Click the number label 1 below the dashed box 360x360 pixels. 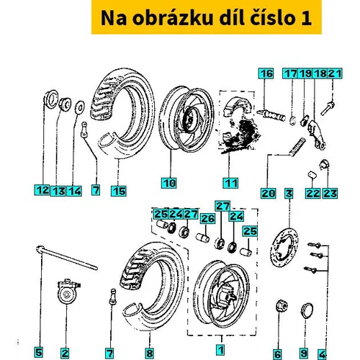pyautogui.click(x=220, y=349)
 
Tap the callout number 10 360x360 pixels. pyautogui.click(x=169, y=183)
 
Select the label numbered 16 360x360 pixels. pyautogui.click(x=266, y=73)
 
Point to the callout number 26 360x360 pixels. pyautogui.click(x=208, y=219)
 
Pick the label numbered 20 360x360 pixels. pyautogui.click(x=269, y=194)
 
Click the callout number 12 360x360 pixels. pyautogui.click(x=42, y=190)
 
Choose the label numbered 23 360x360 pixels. pyautogui.click(x=330, y=194)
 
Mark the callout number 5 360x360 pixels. pyautogui.click(x=38, y=353)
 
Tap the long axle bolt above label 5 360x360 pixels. pyautogui.click(x=67, y=258)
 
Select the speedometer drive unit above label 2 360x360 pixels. pyautogui.click(x=68, y=291)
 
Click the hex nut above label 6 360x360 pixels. pyautogui.click(x=282, y=306)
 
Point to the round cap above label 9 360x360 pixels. pyautogui.click(x=307, y=310)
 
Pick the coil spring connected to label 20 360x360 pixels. pyautogui.click(x=297, y=146)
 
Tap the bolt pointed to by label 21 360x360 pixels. pyautogui.click(x=328, y=108)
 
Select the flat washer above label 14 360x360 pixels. pyautogui.click(x=80, y=107)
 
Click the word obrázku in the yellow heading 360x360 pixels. pyautogui.click(x=172, y=18)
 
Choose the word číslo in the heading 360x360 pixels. pyautogui.click(x=272, y=18)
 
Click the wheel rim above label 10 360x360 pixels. pyautogui.click(x=186, y=120)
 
